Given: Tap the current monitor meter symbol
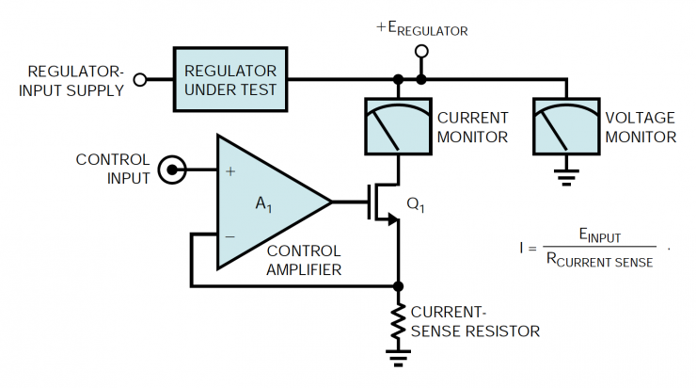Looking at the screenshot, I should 397,128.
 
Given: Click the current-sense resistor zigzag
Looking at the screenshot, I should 398,323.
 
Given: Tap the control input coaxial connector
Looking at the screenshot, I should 172,170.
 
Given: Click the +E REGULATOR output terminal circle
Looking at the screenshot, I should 422,51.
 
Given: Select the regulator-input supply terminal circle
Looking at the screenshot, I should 140,80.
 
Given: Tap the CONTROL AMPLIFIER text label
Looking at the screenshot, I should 304,261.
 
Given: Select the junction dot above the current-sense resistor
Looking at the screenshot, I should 398,284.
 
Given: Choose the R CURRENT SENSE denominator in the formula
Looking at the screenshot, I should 599,262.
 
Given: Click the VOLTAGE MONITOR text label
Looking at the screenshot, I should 640,127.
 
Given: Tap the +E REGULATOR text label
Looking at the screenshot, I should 422,29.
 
